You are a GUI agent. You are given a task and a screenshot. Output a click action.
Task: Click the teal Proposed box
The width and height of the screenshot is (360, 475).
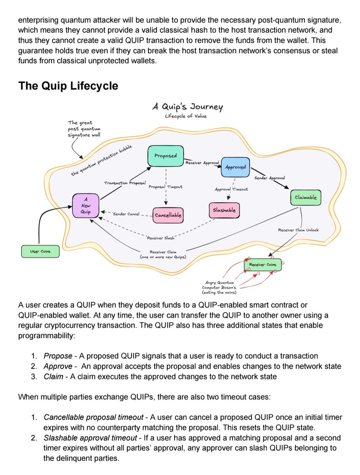(x=166, y=156)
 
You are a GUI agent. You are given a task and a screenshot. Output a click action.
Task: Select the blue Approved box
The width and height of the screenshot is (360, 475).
(x=235, y=167)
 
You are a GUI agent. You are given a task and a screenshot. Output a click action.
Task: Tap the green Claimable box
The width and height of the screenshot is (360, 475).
(x=305, y=198)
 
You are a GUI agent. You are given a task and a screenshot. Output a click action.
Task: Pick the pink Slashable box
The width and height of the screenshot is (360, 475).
(x=224, y=210)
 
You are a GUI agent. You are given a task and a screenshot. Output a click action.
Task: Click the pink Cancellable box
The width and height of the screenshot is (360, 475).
(x=168, y=215)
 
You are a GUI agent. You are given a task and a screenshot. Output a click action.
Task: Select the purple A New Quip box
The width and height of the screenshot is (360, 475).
(x=86, y=205)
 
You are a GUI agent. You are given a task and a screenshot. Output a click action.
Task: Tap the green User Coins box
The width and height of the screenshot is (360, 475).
(x=40, y=251)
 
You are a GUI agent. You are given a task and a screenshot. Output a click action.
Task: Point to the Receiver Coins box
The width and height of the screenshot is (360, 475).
(x=263, y=265)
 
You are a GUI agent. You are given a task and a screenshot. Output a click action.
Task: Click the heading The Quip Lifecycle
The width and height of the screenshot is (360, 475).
(x=69, y=85)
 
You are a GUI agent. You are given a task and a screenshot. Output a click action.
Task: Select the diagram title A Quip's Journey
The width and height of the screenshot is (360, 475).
(x=187, y=107)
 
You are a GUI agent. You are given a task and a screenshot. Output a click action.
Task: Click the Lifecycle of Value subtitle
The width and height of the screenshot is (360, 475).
(x=185, y=116)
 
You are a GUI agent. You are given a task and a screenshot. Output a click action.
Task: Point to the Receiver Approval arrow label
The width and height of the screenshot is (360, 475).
(x=202, y=163)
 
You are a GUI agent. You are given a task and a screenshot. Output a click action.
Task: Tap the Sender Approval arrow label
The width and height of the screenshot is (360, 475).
(x=270, y=178)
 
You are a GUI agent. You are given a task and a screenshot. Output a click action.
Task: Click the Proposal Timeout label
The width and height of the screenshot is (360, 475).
(x=166, y=187)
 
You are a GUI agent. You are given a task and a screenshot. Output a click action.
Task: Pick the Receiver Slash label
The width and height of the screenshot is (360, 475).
(x=161, y=238)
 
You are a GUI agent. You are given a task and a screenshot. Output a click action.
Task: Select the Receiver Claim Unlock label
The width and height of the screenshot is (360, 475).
(x=298, y=230)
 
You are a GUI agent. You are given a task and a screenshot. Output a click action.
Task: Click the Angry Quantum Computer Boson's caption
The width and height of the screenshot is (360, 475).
(x=219, y=288)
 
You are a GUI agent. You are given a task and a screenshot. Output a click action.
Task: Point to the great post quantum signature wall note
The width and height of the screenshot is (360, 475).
(x=84, y=129)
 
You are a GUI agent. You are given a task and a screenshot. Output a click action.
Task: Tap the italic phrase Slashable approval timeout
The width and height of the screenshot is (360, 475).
(x=90, y=438)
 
